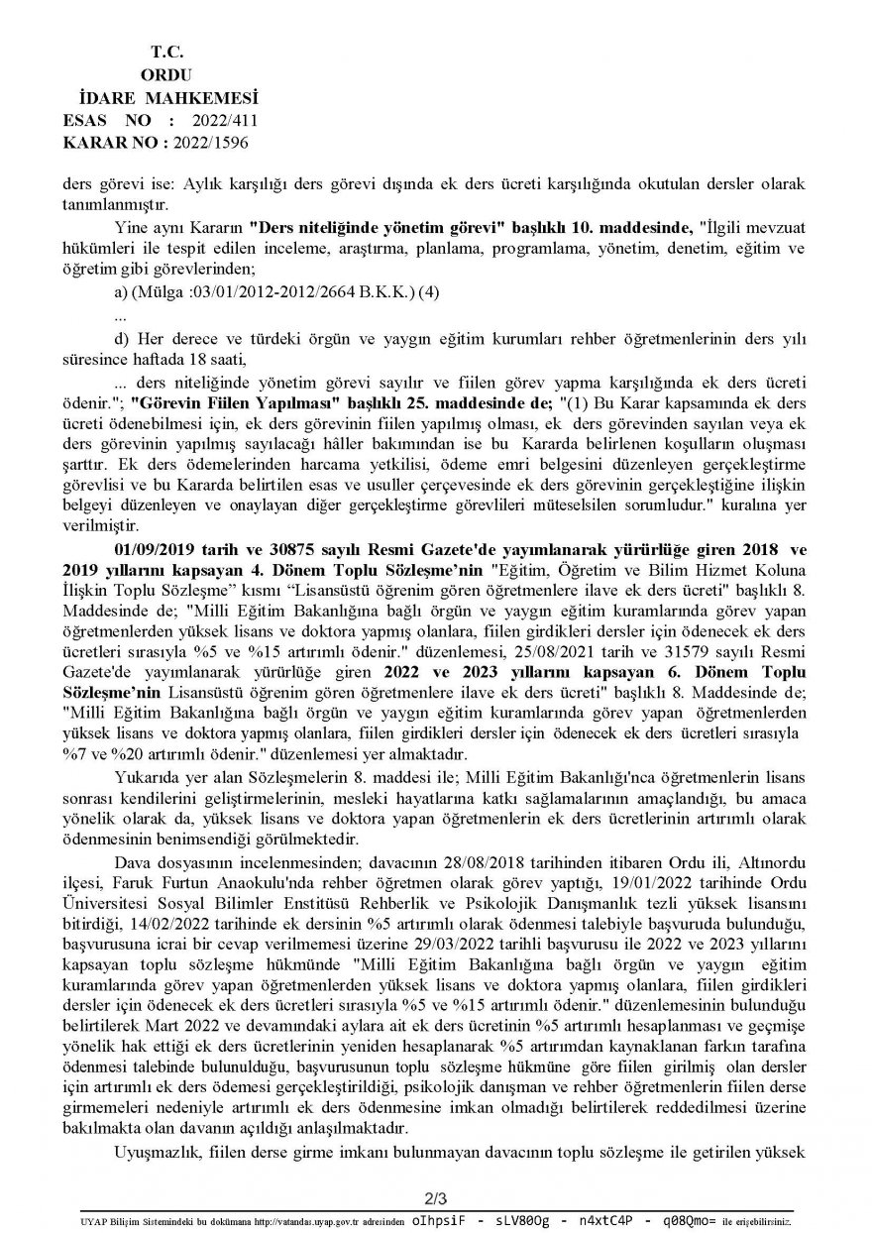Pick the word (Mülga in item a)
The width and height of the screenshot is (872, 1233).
(156, 293)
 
